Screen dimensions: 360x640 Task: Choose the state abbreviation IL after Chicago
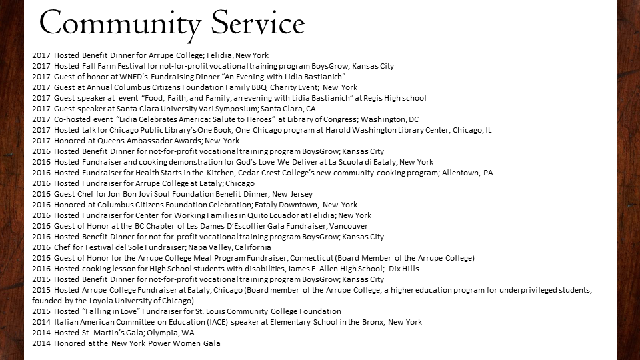coord(487,130)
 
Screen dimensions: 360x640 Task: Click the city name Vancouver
coord(347,226)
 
